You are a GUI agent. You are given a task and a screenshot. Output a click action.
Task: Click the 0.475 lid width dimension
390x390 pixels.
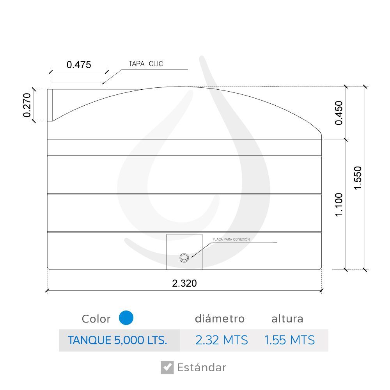(79, 65)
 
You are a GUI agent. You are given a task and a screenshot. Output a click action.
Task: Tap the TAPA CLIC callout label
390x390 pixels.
(146, 64)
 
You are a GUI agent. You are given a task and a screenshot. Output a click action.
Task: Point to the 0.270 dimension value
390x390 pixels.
(27, 105)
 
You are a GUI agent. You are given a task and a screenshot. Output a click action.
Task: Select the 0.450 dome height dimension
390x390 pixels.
(339, 113)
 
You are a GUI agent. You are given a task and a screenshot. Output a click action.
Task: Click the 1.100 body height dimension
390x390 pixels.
(339, 204)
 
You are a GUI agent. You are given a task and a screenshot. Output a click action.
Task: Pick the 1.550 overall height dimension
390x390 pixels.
(358, 178)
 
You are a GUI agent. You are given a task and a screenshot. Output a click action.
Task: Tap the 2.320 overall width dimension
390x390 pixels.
(184, 283)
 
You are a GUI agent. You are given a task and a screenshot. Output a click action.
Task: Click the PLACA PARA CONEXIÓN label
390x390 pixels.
(231, 239)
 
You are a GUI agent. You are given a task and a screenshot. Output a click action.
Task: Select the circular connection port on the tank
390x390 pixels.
(184, 258)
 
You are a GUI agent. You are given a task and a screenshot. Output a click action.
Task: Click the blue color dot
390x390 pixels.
(126, 317)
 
